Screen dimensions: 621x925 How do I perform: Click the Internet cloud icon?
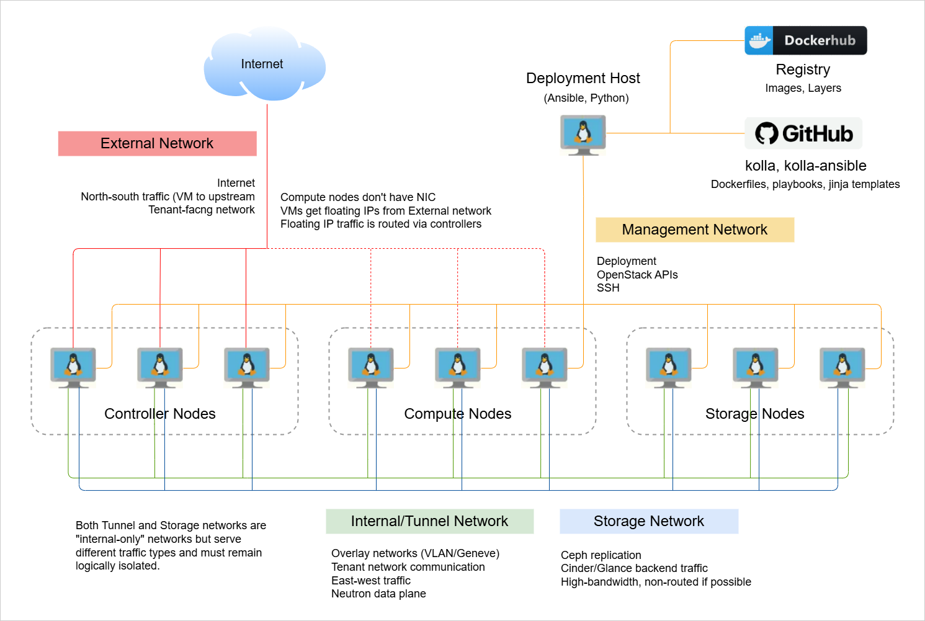(264, 64)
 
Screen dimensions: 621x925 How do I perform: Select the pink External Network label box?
(157, 143)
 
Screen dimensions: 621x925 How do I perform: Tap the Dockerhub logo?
(805, 40)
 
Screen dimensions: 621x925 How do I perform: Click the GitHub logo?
(803, 133)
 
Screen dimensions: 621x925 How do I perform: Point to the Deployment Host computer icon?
(583, 135)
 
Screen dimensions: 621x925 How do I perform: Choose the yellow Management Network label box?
(694, 230)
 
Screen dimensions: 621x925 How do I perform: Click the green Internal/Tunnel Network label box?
(429, 521)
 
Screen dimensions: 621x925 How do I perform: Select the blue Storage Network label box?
(649, 521)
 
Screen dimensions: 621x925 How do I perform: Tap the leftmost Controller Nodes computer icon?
(73, 367)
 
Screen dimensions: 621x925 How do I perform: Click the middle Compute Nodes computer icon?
(458, 367)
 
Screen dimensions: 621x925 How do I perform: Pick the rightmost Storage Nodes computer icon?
(842, 367)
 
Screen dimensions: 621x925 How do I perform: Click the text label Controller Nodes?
(160, 414)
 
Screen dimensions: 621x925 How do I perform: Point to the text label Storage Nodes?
(754, 414)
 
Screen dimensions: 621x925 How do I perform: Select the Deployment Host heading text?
(583, 78)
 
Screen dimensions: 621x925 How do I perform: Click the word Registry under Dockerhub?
(803, 69)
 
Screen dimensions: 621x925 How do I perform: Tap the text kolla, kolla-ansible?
(805, 166)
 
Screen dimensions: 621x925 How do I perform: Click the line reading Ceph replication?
(601, 555)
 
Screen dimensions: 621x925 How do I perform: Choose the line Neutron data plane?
(378, 594)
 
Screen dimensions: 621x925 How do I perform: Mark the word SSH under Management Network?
(608, 288)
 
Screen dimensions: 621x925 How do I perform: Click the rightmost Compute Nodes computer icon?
(545, 367)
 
